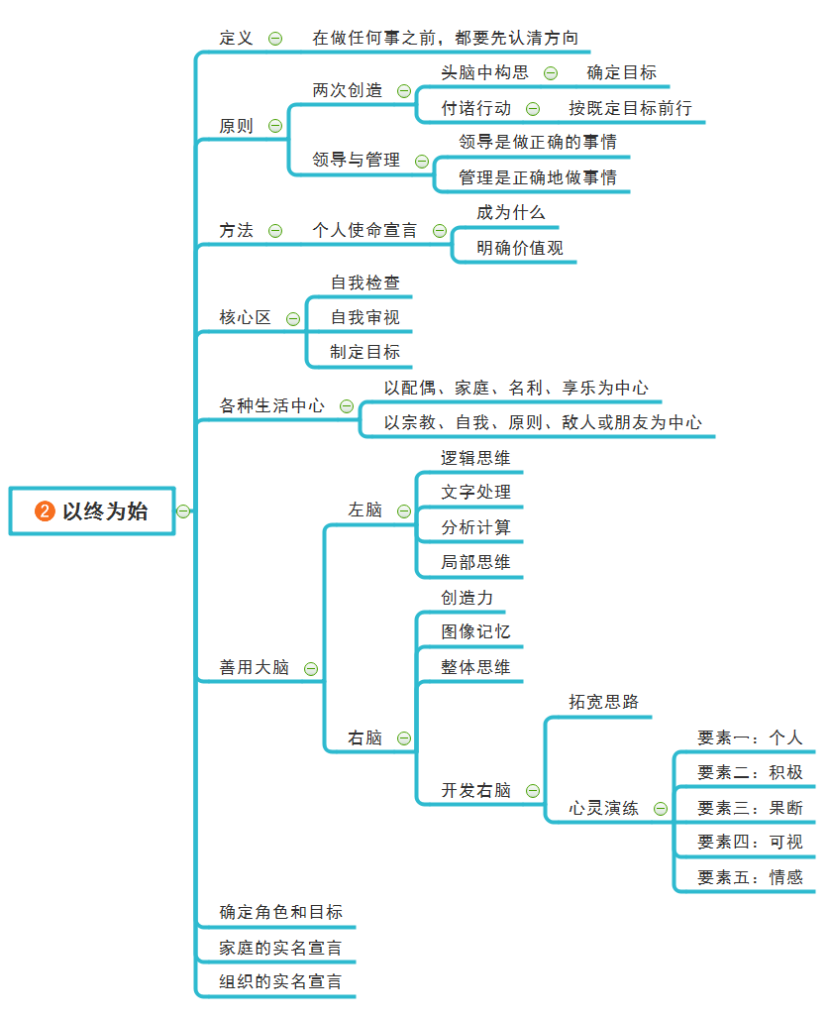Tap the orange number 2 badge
(x=45, y=511)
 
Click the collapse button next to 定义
(x=275, y=39)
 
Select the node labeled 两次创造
(x=348, y=90)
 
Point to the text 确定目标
(x=621, y=72)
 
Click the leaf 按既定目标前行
(x=630, y=108)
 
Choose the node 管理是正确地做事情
(x=537, y=177)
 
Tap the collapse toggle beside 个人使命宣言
(x=440, y=231)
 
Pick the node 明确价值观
(x=520, y=248)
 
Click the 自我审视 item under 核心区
(x=365, y=317)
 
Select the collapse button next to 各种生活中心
(x=347, y=406)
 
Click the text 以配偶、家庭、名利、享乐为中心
(x=516, y=388)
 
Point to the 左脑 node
(x=364, y=510)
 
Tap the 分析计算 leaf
(x=476, y=527)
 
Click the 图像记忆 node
(x=476, y=631)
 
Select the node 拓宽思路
(x=604, y=702)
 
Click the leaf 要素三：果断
(x=750, y=808)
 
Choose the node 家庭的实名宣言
(x=281, y=948)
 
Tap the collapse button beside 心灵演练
(x=661, y=809)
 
